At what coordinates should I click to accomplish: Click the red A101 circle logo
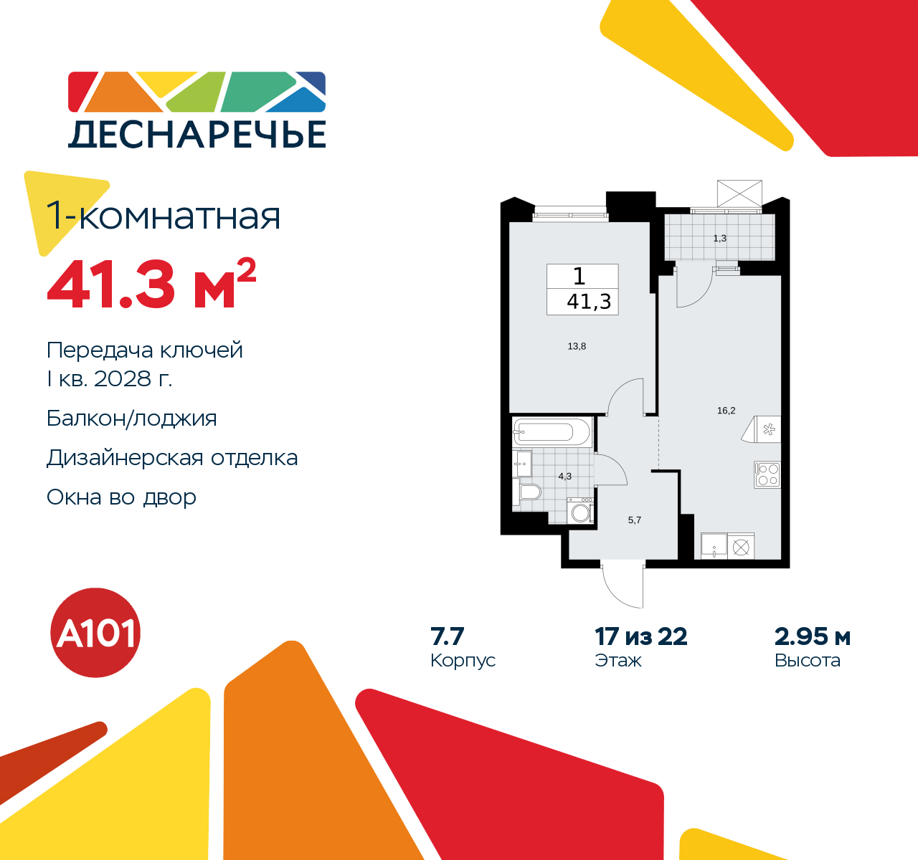coord(95,633)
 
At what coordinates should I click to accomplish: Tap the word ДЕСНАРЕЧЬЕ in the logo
coord(197,134)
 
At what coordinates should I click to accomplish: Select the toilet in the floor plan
coord(529,492)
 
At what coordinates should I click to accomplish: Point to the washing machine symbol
coord(580,511)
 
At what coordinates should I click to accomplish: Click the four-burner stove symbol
coord(767,474)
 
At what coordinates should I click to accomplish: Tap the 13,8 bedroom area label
coord(577,346)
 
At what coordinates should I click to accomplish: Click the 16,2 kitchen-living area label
coord(726,411)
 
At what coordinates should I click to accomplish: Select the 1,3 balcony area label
coord(719,238)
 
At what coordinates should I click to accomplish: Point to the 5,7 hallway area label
coord(635,520)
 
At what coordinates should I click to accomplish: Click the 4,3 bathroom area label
coord(565,476)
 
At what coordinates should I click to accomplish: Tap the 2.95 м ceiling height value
coord(813,636)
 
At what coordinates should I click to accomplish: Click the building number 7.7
coord(448,636)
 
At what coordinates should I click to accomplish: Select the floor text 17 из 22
coord(640,636)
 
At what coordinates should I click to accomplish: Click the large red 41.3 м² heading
coord(151,285)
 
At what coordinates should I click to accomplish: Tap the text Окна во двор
coord(121,497)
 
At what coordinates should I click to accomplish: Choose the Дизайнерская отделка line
coord(172,457)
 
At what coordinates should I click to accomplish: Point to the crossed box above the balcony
coord(739,193)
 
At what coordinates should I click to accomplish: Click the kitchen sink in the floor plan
coord(714,546)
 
